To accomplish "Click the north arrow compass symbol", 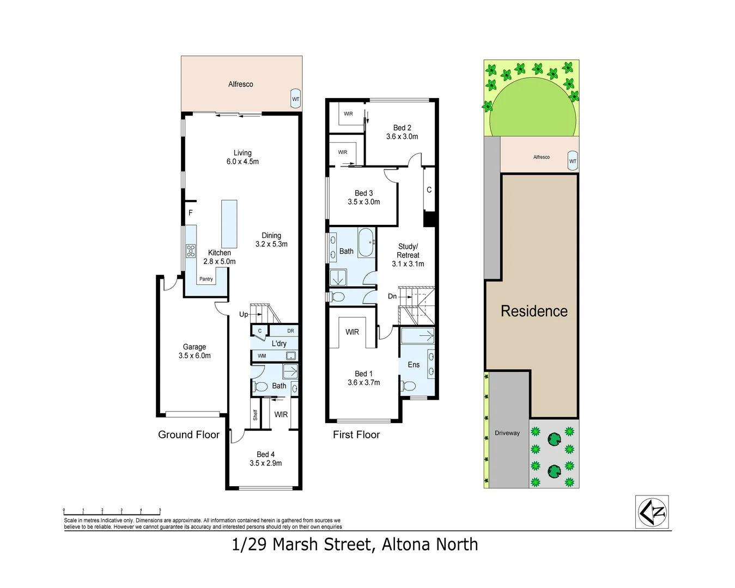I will coord(652,512).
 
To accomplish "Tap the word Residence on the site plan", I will coord(534,311).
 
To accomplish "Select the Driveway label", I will coord(507,433).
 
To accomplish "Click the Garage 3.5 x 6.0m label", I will coord(195,351).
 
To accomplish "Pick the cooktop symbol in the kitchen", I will coord(191,251).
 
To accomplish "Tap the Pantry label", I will coord(206,279).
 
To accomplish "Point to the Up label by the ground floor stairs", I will coord(244,314).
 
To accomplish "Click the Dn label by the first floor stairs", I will coord(392,296).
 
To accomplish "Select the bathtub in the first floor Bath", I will coord(366,242).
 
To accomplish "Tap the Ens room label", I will coord(414,365).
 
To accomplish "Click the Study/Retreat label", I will coord(408,255).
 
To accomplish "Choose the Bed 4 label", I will coord(266,458).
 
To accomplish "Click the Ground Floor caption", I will coord(189,434).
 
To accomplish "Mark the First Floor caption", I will coord(356,434).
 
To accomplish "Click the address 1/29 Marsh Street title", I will coord(355,544).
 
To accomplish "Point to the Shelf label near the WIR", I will coord(255,415).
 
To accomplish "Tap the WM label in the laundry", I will coord(262,356).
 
